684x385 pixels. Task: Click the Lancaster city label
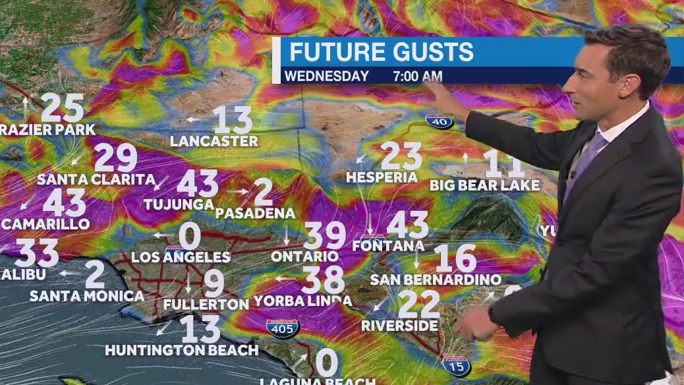click(214, 141)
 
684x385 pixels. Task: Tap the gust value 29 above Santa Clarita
click(116, 158)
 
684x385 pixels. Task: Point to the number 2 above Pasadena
click(263, 192)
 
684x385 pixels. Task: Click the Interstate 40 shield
click(439, 121)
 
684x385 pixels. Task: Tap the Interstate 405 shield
click(283, 327)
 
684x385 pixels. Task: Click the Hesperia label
click(382, 177)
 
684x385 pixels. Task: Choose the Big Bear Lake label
click(484, 185)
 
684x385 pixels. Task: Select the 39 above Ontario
click(324, 237)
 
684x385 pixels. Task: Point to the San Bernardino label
click(436, 280)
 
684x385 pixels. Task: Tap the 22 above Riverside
click(419, 304)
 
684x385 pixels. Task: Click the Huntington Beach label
click(181, 350)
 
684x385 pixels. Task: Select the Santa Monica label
click(87, 296)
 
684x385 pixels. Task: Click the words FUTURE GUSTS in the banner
click(382, 51)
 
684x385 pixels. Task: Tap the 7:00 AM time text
click(417, 76)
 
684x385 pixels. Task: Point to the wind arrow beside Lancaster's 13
click(193, 119)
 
